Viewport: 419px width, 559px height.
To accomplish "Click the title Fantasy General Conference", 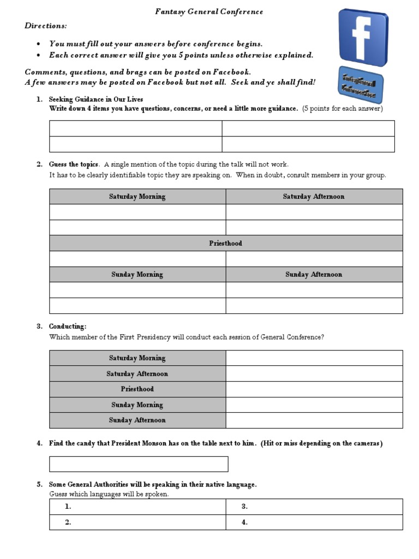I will tap(209, 11).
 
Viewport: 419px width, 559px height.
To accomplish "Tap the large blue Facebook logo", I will tap(363, 37).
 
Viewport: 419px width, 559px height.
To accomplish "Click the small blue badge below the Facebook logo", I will tap(360, 85).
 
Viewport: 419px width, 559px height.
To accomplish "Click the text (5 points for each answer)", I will tap(343, 109).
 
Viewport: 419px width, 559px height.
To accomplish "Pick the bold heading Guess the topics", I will tap(74, 164).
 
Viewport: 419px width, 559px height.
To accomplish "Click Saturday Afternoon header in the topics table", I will tap(314, 197).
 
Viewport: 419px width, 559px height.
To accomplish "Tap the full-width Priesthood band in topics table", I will tap(226, 243).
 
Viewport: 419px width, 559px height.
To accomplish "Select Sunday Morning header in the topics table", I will tap(137, 275).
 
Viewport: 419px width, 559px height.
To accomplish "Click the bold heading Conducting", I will tap(68, 326).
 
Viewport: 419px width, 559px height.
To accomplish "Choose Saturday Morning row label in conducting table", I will tap(137, 358).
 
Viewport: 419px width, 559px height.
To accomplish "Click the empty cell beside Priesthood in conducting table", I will tap(314, 389).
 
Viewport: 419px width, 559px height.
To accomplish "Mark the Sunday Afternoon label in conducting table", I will tap(137, 420).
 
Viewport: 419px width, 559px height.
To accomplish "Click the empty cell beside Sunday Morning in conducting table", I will tap(314, 405).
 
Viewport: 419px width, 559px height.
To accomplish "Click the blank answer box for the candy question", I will tap(139, 464).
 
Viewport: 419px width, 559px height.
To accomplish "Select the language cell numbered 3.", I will tap(314, 507).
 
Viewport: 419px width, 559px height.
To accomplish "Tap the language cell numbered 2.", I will tap(137, 522).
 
